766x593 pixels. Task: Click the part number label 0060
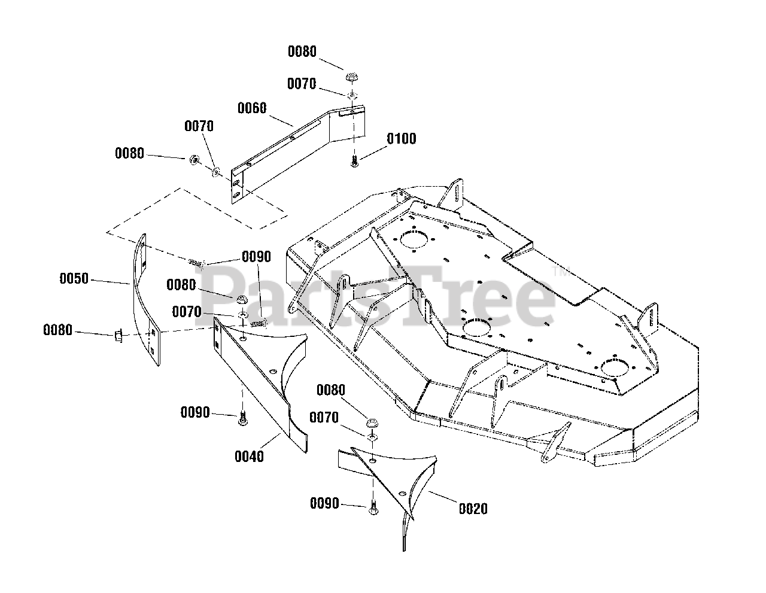(x=252, y=108)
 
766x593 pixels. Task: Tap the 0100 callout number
(x=401, y=138)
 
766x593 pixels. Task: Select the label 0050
(x=74, y=278)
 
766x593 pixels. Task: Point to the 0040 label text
(x=249, y=457)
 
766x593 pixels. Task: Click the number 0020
(x=473, y=509)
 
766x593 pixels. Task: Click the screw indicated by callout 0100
(x=354, y=162)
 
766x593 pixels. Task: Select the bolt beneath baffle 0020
(x=373, y=508)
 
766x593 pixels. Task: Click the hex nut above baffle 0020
(x=372, y=423)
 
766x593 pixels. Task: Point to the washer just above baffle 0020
(x=372, y=437)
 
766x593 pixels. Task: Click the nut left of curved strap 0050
(x=118, y=335)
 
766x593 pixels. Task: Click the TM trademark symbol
(x=561, y=272)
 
